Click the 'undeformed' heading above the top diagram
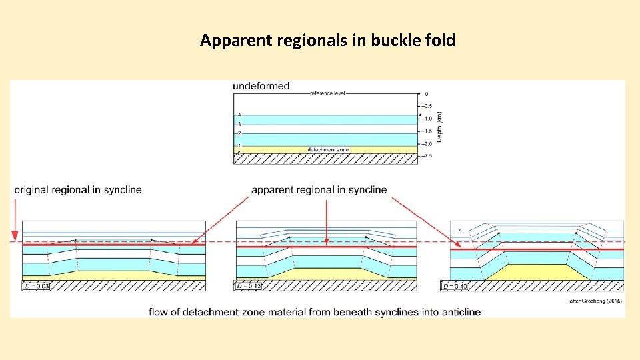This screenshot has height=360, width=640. tap(261, 86)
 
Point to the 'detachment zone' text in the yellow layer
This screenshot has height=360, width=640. tap(328, 149)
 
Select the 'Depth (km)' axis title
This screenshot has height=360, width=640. tap(439, 126)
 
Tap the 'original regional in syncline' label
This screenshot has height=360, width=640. tap(78, 190)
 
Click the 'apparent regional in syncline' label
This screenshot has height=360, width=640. tap(319, 190)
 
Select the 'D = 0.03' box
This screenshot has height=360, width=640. tap(37, 286)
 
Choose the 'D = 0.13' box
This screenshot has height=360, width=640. tap(249, 286)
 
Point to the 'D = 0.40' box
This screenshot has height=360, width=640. tap(455, 286)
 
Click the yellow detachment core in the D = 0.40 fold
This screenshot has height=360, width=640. tap(537, 272)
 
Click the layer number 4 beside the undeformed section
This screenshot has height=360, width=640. tap(239, 115)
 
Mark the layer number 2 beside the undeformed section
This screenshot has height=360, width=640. tap(239, 133)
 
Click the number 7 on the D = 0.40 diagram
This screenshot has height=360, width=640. tap(459, 231)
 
